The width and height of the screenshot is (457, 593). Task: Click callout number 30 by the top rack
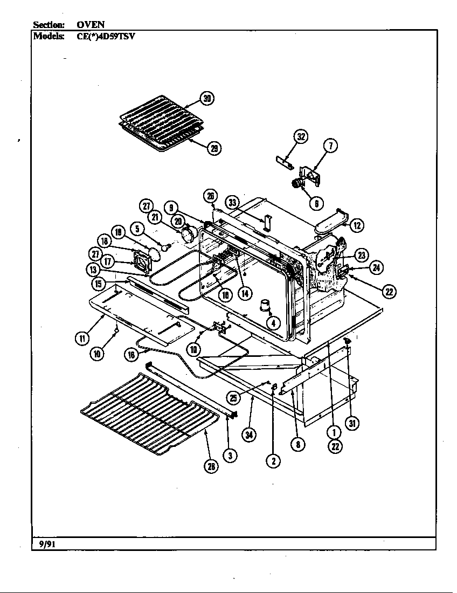pyautogui.click(x=206, y=98)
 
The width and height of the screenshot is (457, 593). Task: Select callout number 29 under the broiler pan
pyautogui.click(x=214, y=148)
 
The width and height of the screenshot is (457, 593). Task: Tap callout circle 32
pyautogui.click(x=301, y=136)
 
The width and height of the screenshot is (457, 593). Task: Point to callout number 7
pyautogui.click(x=330, y=145)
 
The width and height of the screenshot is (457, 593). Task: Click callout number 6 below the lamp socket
pyautogui.click(x=316, y=203)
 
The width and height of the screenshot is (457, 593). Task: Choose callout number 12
pyautogui.click(x=356, y=225)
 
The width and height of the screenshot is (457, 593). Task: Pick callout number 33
pyautogui.click(x=233, y=203)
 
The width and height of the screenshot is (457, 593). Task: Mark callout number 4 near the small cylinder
pyautogui.click(x=274, y=323)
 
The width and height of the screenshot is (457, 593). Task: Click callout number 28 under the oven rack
pyautogui.click(x=212, y=466)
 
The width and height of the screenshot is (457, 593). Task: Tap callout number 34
pyautogui.click(x=248, y=436)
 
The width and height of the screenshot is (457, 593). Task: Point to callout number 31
pyautogui.click(x=352, y=423)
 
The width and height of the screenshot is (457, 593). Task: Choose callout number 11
pyautogui.click(x=81, y=339)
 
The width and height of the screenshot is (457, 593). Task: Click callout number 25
pyautogui.click(x=233, y=398)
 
